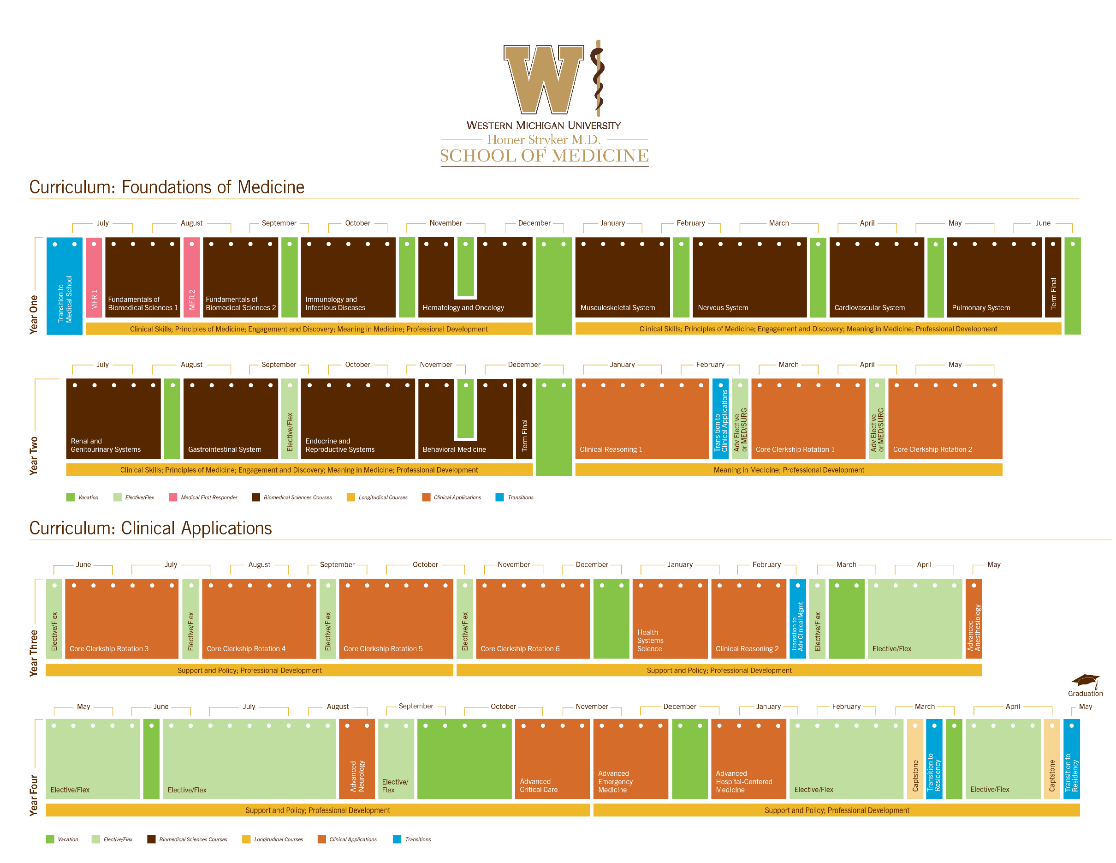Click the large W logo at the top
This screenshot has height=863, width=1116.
point(543,79)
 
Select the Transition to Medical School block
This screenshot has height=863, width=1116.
point(65,286)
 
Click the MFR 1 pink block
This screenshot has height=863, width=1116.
point(94,278)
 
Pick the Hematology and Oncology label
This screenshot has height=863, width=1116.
point(463,308)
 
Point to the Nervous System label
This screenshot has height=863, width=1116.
point(723,308)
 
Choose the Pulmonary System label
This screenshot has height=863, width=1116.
point(980,308)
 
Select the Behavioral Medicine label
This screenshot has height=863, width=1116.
point(454,449)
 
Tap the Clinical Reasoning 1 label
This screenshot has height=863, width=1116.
point(611,449)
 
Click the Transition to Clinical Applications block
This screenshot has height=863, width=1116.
point(720,418)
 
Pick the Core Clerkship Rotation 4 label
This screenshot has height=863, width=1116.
point(246,649)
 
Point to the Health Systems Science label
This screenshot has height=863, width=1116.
point(650,641)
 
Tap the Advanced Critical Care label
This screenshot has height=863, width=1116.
point(539,786)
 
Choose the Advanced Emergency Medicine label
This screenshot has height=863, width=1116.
point(615,782)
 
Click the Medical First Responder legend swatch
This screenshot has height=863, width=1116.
point(173,497)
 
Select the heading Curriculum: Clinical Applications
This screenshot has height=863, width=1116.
point(150,528)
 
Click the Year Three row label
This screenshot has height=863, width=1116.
point(34,653)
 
